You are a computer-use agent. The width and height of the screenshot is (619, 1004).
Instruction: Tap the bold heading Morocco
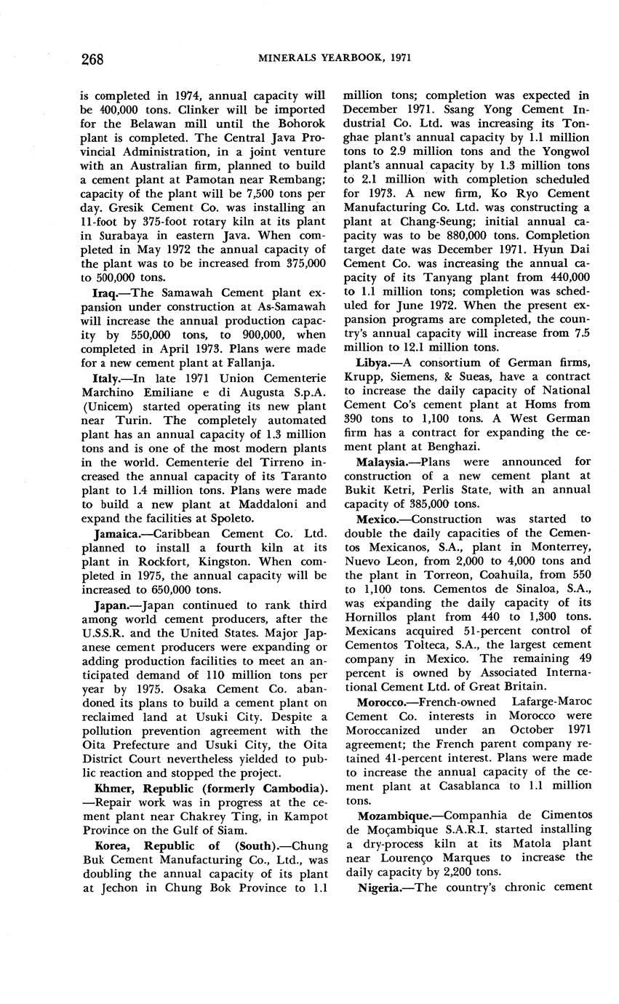383,703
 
